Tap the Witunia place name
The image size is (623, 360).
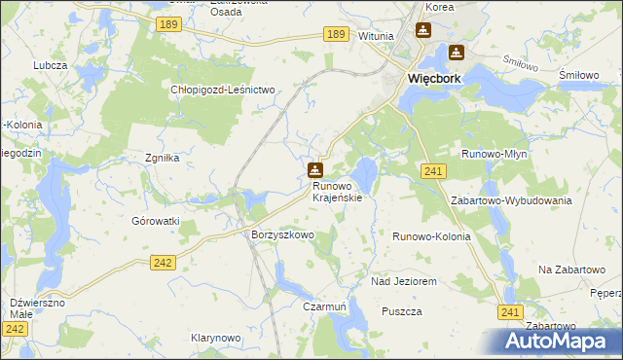click(x=376, y=36)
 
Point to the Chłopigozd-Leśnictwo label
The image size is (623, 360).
click(x=224, y=90)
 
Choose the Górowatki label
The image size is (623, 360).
click(x=156, y=221)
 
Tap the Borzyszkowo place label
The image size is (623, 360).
click(x=282, y=235)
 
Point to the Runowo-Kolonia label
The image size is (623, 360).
click(x=431, y=236)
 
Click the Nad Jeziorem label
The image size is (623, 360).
click(x=403, y=281)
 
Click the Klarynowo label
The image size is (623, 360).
click(x=215, y=338)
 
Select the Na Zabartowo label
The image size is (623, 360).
click(x=565, y=268)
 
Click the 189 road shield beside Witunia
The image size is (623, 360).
click(x=336, y=34)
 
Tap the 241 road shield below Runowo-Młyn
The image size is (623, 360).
click(x=434, y=171)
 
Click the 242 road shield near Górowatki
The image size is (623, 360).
click(x=164, y=262)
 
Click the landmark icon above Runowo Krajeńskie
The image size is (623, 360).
click(x=315, y=169)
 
